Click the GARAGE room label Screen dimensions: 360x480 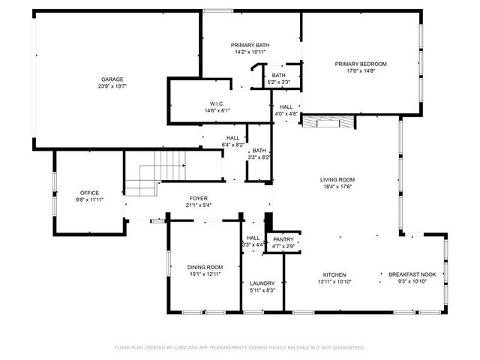[112, 79]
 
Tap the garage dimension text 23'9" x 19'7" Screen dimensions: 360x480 [112, 86]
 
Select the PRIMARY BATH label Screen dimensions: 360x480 [250, 46]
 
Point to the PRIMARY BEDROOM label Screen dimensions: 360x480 [360, 64]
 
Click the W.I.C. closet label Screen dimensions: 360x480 [217, 103]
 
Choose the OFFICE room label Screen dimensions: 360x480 [89, 193]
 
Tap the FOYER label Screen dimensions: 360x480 [198, 198]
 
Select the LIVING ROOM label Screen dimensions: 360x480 [337, 180]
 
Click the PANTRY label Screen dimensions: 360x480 [283, 239]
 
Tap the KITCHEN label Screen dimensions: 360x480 [334, 274]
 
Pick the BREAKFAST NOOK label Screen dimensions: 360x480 [412, 274]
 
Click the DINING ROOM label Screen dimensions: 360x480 [205, 267]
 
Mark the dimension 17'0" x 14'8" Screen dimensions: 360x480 [360, 71]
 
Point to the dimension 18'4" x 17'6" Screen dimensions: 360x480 [337, 187]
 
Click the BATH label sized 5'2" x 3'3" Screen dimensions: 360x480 [278, 75]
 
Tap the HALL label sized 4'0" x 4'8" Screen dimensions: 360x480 [286, 107]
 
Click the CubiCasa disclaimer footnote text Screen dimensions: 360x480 [239, 347]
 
